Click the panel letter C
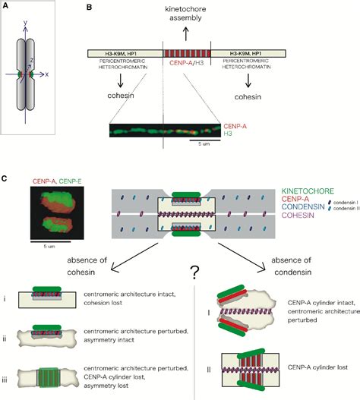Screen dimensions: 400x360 (5, 179)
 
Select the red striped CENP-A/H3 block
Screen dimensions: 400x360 (186, 56)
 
